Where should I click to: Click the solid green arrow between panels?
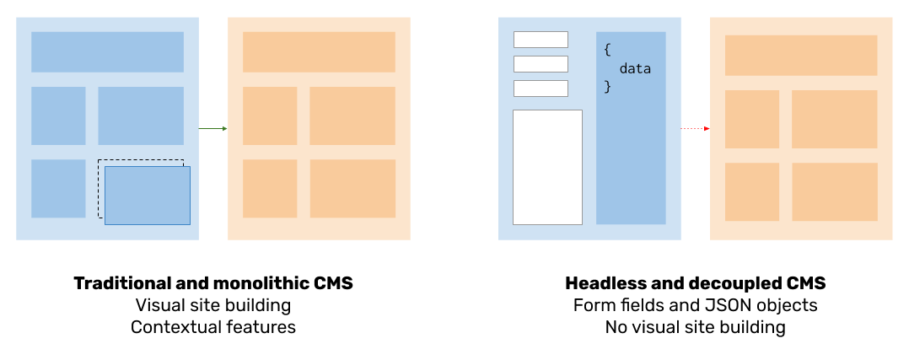[x=212, y=128]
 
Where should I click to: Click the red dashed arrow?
[x=694, y=128]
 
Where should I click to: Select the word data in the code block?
[x=635, y=68]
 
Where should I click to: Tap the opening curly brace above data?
[x=607, y=50]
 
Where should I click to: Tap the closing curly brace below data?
[x=607, y=86]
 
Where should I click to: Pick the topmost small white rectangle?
[x=541, y=40]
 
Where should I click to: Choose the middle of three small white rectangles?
[x=541, y=64]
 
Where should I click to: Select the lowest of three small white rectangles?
[x=541, y=89]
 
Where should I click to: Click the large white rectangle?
[x=547, y=167]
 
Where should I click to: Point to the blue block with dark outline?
[x=148, y=196]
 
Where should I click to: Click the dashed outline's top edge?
[x=140, y=160]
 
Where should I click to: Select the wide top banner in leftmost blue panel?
[x=107, y=52]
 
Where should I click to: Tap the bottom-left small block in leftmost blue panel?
[x=58, y=189]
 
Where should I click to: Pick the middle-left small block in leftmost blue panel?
[x=58, y=116]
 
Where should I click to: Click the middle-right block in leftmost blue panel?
[x=141, y=116]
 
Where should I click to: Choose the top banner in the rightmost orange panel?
[x=801, y=56]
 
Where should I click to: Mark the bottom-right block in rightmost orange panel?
[x=835, y=192]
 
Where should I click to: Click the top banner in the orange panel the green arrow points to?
[x=319, y=52]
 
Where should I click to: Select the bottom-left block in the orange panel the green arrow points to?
[x=270, y=189]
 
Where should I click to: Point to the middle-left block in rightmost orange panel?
[x=752, y=119]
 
